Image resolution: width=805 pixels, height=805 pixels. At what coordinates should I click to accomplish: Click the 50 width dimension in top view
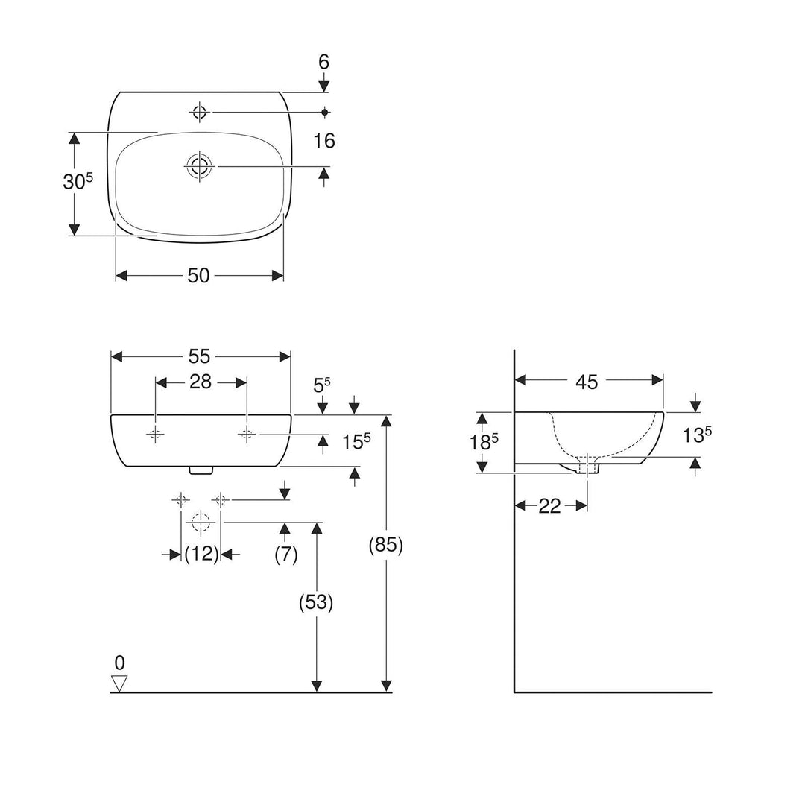tap(198, 276)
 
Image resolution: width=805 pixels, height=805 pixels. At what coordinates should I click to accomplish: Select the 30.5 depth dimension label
tap(78, 183)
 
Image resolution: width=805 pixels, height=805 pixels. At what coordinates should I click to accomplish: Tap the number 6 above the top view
tap(323, 63)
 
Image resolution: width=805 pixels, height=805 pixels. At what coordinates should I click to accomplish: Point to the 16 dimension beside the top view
tap(324, 141)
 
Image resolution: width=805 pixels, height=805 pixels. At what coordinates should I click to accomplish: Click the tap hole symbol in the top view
tap(199, 113)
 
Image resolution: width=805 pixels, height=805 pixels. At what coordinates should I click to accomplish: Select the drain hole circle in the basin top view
tap(199, 166)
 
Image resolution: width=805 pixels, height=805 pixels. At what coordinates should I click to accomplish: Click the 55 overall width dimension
tap(200, 357)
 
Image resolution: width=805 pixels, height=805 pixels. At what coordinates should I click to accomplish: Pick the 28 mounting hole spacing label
tap(201, 382)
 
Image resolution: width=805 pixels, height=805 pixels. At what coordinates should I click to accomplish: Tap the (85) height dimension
tap(386, 546)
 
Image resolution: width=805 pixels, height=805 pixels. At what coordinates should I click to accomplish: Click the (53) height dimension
tap(317, 602)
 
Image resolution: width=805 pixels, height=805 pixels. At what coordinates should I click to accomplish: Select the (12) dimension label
tap(201, 554)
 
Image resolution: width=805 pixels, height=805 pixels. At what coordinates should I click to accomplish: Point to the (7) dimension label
tap(285, 554)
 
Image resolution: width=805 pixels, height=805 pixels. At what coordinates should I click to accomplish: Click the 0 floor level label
tap(119, 662)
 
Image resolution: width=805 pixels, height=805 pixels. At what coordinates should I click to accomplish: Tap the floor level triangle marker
tap(119, 683)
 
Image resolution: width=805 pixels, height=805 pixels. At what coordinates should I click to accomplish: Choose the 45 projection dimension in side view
tap(587, 382)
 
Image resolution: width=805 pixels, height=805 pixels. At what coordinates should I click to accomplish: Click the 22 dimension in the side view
tap(549, 506)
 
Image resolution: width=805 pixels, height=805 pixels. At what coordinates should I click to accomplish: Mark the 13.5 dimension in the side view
tap(697, 435)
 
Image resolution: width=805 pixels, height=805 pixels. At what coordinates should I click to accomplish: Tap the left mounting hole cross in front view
tap(156, 435)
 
